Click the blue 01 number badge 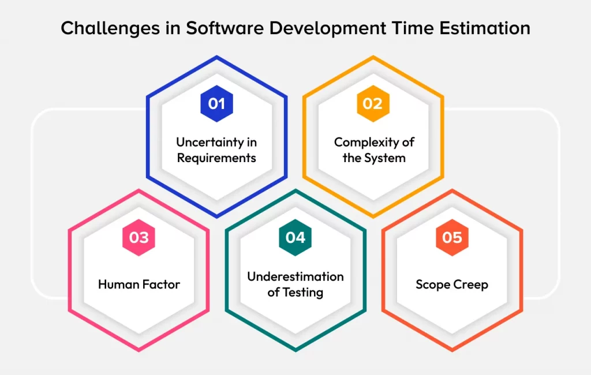pyautogui.click(x=216, y=104)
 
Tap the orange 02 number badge pyautogui.click(x=373, y=104)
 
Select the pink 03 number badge pyautogui.click(x=139, y=238)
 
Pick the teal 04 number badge pyautogui.click(x=295, y=238)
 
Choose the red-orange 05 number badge pyautogui.click(x=452, y=238)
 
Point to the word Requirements pyautogui.click(x=216, y=157)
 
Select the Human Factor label pyautogui.click(x=139, y=284)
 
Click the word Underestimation pyautogui.click(x=295, y=277)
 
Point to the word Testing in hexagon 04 pyautogui.click(x=302, y=292)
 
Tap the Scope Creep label pyautogui.click(x=452, y=284)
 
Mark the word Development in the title pyautogui.click(x=321, y=28)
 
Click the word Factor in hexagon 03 pyautogui.click(x=159, y=284)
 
